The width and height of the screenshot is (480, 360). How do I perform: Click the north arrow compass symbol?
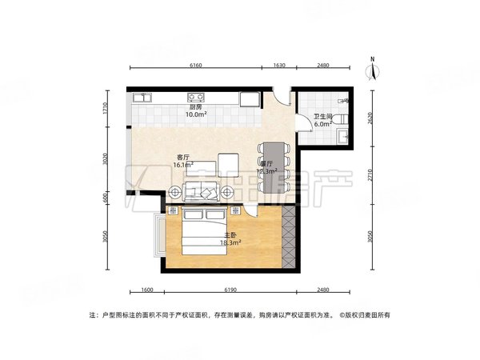374,70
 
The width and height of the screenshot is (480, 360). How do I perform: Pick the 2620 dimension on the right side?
370,118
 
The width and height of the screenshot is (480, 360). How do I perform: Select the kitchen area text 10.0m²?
196,115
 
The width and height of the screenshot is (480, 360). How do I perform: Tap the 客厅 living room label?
183,158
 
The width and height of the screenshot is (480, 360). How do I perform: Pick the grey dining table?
273,165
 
